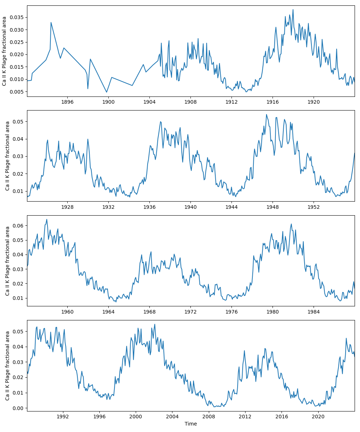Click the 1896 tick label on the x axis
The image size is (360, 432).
(x=67, y=102)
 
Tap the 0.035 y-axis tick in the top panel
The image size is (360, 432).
(x=16, y=17)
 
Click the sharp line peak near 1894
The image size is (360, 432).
(x=51, y=22)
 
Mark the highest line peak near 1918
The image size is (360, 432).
(x=293, y=10)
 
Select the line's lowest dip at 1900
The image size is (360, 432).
(x=107, y=92)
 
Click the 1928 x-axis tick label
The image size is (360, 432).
(x=67, y=207)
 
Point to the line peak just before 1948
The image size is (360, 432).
(x=266, y=114)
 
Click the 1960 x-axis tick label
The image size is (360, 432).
(x=67, y=312)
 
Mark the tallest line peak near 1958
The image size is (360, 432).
(x=46, y=219)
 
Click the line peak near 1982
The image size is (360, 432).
(x=291, y=224)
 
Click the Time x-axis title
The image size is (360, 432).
(x=191, y=424)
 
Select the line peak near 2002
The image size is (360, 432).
(x=155, y=324)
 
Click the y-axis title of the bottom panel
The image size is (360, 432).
(x=8, y=366)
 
